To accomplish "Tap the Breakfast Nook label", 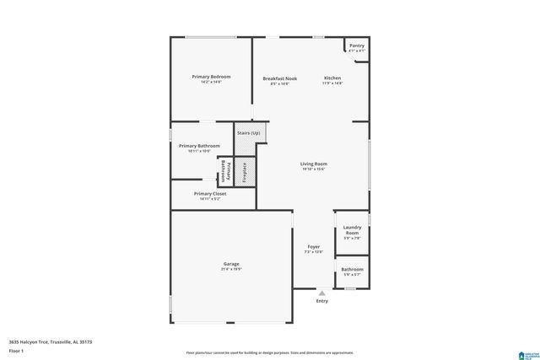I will [279, 78].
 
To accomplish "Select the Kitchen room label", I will [333, 78].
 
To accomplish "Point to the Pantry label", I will [356, 46].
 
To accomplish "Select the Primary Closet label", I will [210, 194].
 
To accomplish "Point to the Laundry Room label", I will [352, 229].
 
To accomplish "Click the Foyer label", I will [313, 247].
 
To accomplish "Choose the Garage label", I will [231, 265].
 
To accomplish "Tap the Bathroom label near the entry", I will [351, 270].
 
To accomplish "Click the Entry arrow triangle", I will [321, 293].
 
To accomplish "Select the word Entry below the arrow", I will [321, 301].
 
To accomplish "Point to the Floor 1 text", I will [17, 350].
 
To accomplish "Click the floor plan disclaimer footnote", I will [270, 352].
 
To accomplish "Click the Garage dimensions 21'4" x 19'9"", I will [231, 270].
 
